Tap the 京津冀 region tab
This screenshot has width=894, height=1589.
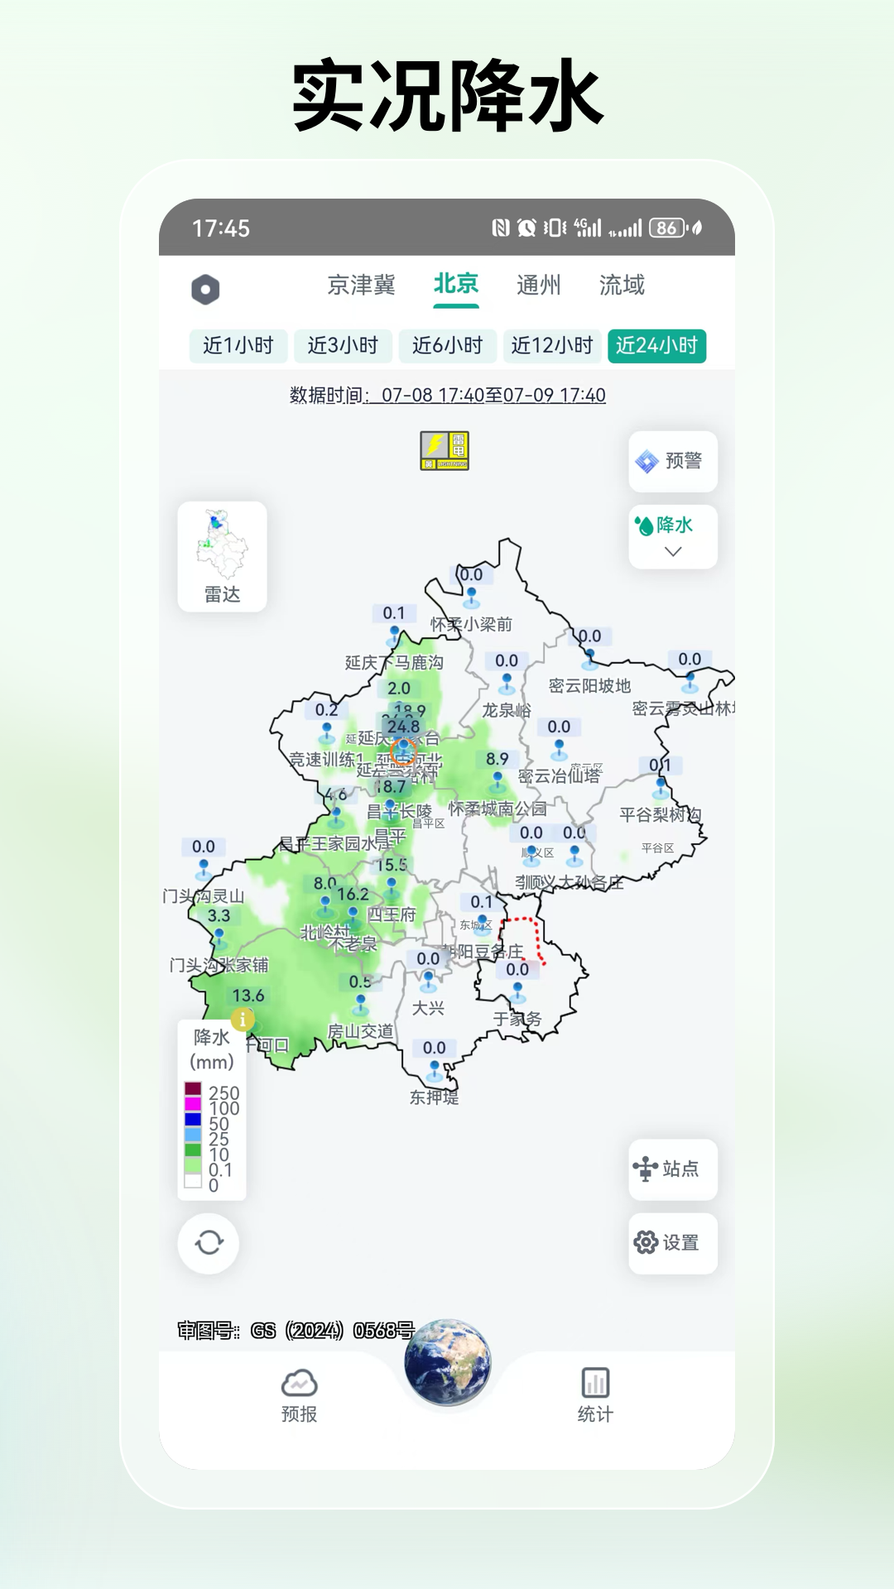(x=361, y=286)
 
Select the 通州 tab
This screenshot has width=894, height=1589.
(x=538, y=286)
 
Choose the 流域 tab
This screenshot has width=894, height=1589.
(x=622, y=286)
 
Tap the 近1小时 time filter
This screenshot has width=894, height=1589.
(x=238, y=346)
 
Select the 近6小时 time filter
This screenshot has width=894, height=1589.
(x=447, y=346)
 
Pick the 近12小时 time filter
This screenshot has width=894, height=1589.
(x=552, y=346)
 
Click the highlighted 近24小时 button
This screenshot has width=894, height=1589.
(x=656, y=346)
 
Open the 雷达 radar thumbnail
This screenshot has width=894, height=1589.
(x=222, y=556)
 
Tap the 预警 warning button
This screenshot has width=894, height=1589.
(x=672, y=461)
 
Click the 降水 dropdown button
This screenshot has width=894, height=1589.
(x=673, y=536)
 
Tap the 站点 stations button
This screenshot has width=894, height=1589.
(x=672, y=1169)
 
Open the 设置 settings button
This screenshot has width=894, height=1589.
(x=672, y=1243)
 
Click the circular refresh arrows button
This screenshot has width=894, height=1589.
(x=209, y=1243)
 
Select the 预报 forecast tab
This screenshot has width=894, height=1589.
(x=299, y=1395)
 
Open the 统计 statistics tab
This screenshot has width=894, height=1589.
(x=595, y=1395)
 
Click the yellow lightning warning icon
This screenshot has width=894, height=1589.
(x=445, y=451)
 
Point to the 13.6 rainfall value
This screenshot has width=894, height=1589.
(x=248, y=996)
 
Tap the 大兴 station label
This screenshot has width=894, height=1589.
(x=428, y=1008)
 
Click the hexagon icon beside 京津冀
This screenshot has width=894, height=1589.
(x=205, y=289)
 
